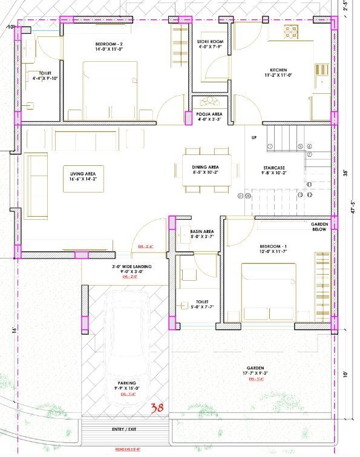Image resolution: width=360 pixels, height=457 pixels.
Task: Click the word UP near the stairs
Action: (254, 138)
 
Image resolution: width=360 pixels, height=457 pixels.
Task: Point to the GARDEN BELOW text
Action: (319, 227)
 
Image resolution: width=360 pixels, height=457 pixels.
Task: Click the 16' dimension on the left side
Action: (13, 330)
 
